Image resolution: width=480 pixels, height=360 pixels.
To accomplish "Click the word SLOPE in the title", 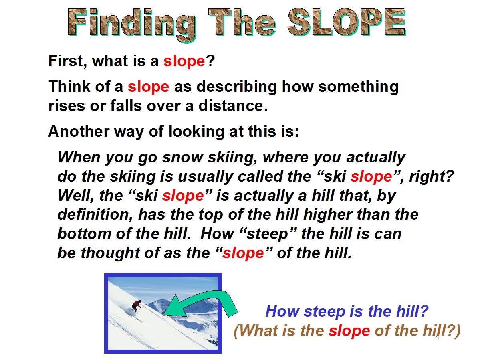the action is pyautogui.click(x=347, y=22).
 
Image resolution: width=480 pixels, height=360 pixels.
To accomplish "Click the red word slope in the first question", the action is pyautogui.click(x=184, y=61).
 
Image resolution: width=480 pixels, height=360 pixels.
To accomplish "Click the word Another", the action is pyautogui.click(x=79, y=131).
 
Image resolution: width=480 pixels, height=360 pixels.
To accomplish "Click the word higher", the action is pyautogui.click(x=328, y=214).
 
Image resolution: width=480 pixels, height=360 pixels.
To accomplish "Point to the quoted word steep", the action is pyautogui.click(x=267, y=234).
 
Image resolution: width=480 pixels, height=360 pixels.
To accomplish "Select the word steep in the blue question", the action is pyautogui.click(x=324, y=312).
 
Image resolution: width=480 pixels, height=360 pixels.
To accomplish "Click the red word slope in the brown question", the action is pyautogui.click(x=349, y=331).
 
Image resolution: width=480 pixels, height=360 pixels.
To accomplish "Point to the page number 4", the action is pyautogui.click(x=437, y=338).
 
